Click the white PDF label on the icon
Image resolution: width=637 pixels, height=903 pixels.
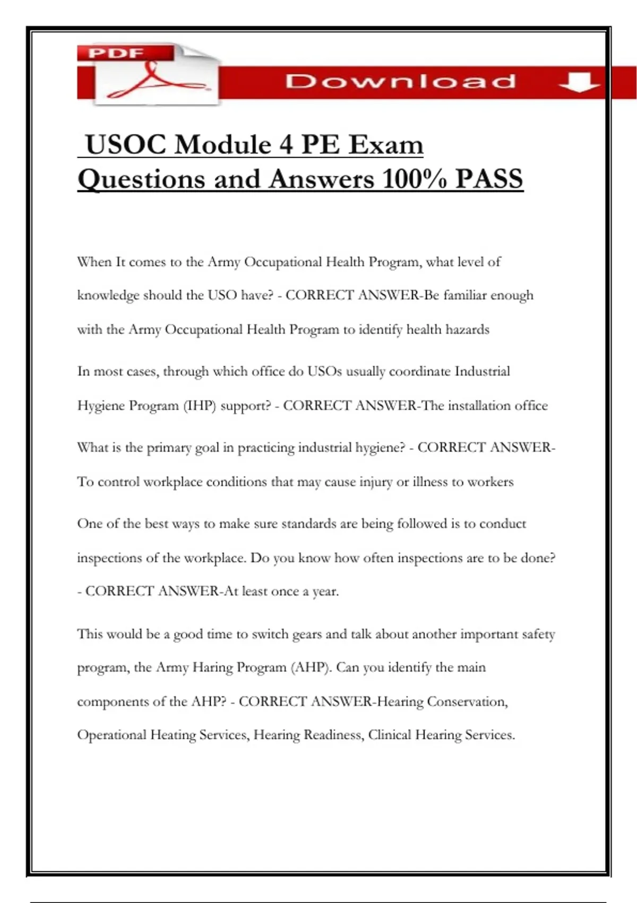click(116, 53)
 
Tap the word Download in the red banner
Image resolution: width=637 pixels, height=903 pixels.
click(400, 81)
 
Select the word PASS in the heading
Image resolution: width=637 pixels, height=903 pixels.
click(489, 179)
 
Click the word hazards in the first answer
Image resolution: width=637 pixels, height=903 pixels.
click(467, 329)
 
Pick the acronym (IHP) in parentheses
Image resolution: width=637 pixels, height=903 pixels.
click(200, 406)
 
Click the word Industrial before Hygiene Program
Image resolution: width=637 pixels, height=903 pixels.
click(482, 371)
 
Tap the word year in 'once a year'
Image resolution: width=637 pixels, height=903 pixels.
click(325, 592)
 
